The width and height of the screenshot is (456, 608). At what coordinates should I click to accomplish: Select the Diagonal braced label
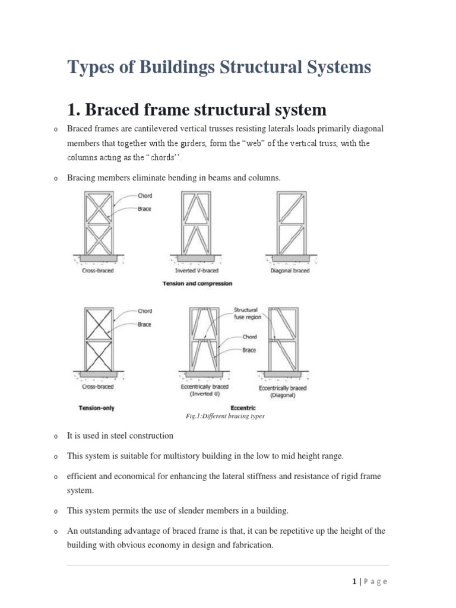[x=289, y=271]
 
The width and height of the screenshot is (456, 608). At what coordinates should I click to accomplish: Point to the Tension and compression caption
[x=197, y=284]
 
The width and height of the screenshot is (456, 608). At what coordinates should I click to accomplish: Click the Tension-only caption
[x=97, y=408]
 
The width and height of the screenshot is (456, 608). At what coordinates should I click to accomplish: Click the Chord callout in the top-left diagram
[x=144, y=196]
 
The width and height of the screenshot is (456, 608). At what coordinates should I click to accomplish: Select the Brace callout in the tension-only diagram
[x=144, y=325]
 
